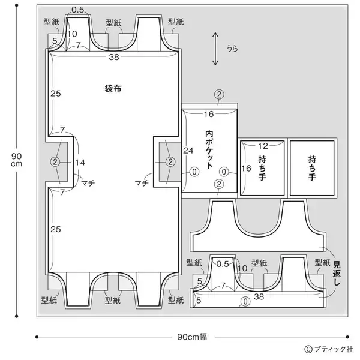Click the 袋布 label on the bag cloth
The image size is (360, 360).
113,88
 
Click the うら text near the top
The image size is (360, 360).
231,49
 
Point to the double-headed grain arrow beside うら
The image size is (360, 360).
215,49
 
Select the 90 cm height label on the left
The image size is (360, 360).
16,160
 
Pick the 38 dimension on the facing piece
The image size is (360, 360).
259,296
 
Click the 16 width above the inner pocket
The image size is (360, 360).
209,114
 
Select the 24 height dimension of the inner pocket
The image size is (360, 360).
188,150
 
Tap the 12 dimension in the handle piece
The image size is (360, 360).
262,146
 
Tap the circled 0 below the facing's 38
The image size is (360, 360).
245,301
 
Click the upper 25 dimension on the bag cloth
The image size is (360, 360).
55,94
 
